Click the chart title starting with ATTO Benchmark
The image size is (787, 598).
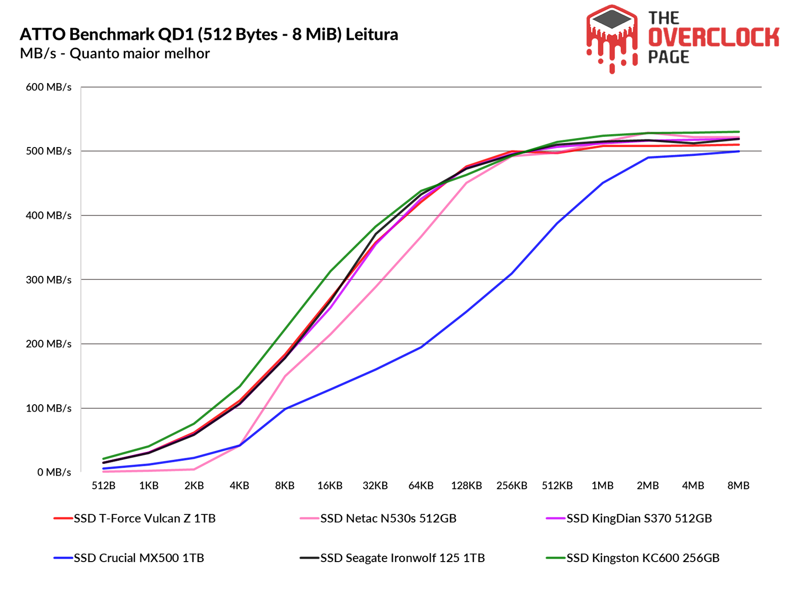point(209,34)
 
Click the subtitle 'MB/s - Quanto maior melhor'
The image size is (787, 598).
point(115,53)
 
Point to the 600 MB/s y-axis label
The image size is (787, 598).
point(49,87)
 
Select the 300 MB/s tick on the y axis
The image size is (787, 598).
point(49,280)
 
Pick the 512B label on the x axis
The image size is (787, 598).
point(103,486)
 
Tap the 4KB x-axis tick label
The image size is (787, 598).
point(239,486)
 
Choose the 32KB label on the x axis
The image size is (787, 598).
point(375,486)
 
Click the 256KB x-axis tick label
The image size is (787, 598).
point(512,486)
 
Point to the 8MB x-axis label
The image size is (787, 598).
point(738,486)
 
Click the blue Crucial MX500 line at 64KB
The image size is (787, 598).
point(421,347)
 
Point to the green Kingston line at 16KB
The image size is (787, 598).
point(330,271)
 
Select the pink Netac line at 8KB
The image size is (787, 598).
point(285,376)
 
